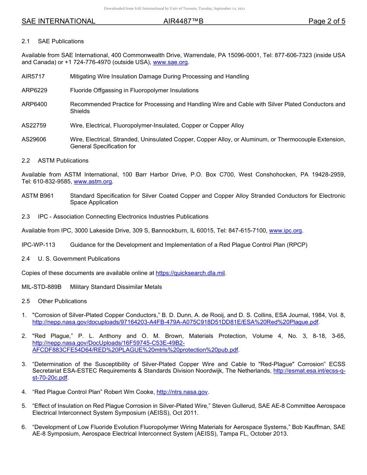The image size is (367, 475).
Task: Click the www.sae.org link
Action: point(171,62)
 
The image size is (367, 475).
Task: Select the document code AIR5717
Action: point(33,76)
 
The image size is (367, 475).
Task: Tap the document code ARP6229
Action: point(34,90)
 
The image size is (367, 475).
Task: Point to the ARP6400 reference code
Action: point(34,104)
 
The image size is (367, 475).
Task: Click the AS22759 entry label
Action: point(34,126)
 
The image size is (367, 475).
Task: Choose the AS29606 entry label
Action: point(34,139)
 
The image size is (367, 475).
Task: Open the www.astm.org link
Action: point(93,182)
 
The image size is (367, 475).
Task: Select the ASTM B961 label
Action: point(37,196)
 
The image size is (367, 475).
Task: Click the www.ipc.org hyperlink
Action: point(285,231)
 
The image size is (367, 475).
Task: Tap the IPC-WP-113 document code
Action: point(38,245)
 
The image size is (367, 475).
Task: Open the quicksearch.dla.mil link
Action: point(190,273)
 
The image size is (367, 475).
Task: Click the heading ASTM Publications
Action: point(63,161)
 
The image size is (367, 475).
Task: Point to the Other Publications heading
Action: point(62,301)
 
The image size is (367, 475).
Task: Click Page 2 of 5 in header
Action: point(326,21)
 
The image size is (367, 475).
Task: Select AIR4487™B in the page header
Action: point(183,21)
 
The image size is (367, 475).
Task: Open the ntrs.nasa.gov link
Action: point(182,392)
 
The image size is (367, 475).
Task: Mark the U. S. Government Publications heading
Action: point(79,259)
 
